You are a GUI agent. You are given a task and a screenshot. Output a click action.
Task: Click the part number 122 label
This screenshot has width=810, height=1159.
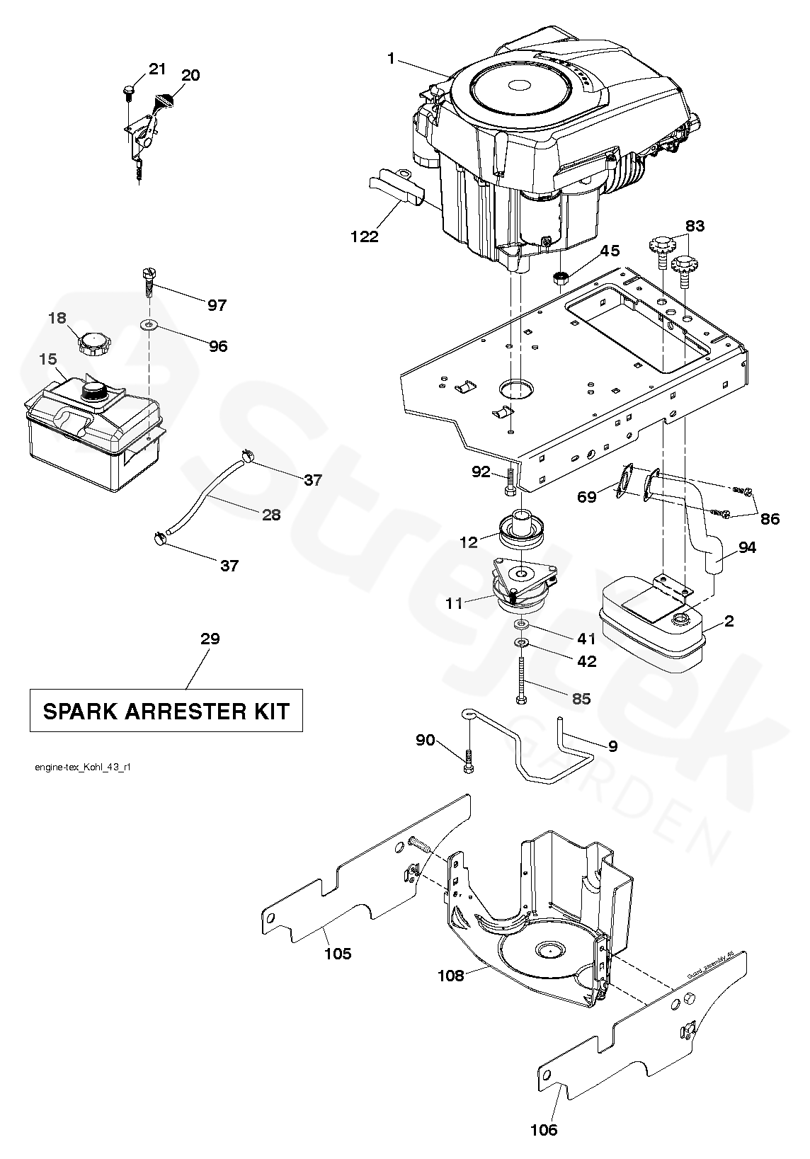[x=364, y=236]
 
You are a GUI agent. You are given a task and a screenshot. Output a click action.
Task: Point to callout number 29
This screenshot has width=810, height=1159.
[x=210, y=639]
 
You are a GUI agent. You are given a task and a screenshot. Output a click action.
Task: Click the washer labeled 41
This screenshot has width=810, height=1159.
[x=522, y=624]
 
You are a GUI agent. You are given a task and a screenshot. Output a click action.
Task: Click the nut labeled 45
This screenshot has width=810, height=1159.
[x=561, y=277]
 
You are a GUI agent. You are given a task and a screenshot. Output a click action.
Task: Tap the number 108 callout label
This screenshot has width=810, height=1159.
[x=451, y=975]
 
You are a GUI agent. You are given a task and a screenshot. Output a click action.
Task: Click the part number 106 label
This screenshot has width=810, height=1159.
[x=544, y=1129]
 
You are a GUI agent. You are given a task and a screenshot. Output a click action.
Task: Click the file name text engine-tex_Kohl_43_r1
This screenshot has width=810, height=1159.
[x=82, y=767]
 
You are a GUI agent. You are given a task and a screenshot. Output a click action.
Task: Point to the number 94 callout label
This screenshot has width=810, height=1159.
[x=746, y=547]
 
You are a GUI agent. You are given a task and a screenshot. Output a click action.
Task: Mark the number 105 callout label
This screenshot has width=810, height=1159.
[x=338, y=953]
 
